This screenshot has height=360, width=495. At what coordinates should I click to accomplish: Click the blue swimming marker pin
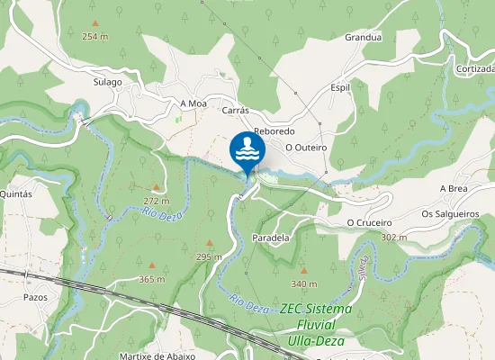(x=247, y=149)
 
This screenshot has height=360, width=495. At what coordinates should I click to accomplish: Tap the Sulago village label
(x=107, y=82)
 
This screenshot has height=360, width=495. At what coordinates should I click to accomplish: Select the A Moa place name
(x=193, y=103)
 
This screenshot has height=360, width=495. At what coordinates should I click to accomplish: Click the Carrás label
(x=234, y=110)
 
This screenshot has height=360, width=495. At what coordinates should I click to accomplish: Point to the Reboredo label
(x=274, y=131)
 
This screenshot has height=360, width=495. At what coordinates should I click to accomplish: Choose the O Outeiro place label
(x=305, y=147)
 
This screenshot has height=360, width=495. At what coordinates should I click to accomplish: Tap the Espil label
(x=340, y=88)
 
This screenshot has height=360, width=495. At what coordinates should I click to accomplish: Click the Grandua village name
(x=364, y=38)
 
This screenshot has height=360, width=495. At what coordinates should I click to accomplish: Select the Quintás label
(x=18, y=193)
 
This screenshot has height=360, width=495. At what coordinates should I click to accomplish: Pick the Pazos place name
(x=35, y=296)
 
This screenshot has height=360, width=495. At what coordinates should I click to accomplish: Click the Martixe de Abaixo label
(x=157, y=355)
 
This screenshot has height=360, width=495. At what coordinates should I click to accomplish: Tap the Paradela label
(x=271, y=238)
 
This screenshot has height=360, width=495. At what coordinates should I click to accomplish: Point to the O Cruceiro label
(x=369, y=222)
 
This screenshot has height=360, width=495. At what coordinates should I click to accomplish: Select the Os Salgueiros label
(x=450, y=214)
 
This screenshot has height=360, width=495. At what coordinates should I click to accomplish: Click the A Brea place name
(x=454, y=188)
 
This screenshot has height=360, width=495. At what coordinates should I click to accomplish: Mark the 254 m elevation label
(x=94, y=36)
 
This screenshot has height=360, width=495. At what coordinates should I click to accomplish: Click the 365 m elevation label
(x=152, y=279)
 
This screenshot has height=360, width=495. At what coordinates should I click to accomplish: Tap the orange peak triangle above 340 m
(x=303, y=269)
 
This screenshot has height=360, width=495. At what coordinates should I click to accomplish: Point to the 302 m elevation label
(x=394, y=237)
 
